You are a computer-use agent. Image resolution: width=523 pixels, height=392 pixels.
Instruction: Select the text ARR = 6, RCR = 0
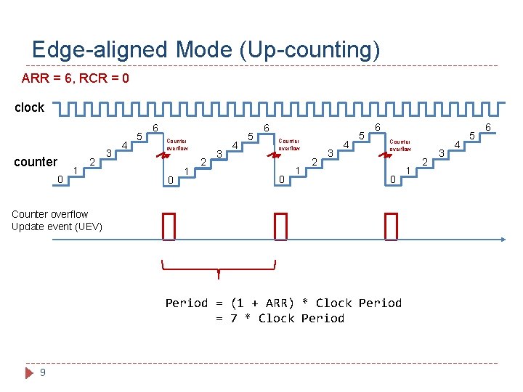coord(76,78)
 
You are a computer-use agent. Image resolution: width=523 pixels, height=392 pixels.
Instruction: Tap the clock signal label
coord(30,107)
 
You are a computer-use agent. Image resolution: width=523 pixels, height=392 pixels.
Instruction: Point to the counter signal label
coord(36,162)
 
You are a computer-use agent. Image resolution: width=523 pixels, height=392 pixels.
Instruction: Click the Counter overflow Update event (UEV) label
coord(57,220)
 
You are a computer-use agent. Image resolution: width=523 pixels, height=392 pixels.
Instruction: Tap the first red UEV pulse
coord(169,226)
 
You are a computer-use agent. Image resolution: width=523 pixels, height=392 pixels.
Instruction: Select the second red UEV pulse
coord(280,226)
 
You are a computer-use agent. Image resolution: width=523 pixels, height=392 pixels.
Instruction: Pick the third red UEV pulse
coord(392,226)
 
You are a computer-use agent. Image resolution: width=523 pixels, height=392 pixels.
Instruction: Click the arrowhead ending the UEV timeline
coord(502,239)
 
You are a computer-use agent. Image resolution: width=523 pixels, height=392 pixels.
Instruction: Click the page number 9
coord(44,372)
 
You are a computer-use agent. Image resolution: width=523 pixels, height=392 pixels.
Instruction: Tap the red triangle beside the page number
coord(30,372)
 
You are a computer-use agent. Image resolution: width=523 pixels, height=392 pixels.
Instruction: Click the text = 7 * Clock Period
coord(280,318)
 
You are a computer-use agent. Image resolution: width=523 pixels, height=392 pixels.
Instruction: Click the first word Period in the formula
coord(186,303)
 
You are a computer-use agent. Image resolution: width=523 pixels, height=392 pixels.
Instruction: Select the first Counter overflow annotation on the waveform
coord(177,144)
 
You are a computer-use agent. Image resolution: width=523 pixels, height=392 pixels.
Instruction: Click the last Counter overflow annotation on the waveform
coord(400,144)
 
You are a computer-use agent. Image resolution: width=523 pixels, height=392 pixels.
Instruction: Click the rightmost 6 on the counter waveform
coord(488,128)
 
